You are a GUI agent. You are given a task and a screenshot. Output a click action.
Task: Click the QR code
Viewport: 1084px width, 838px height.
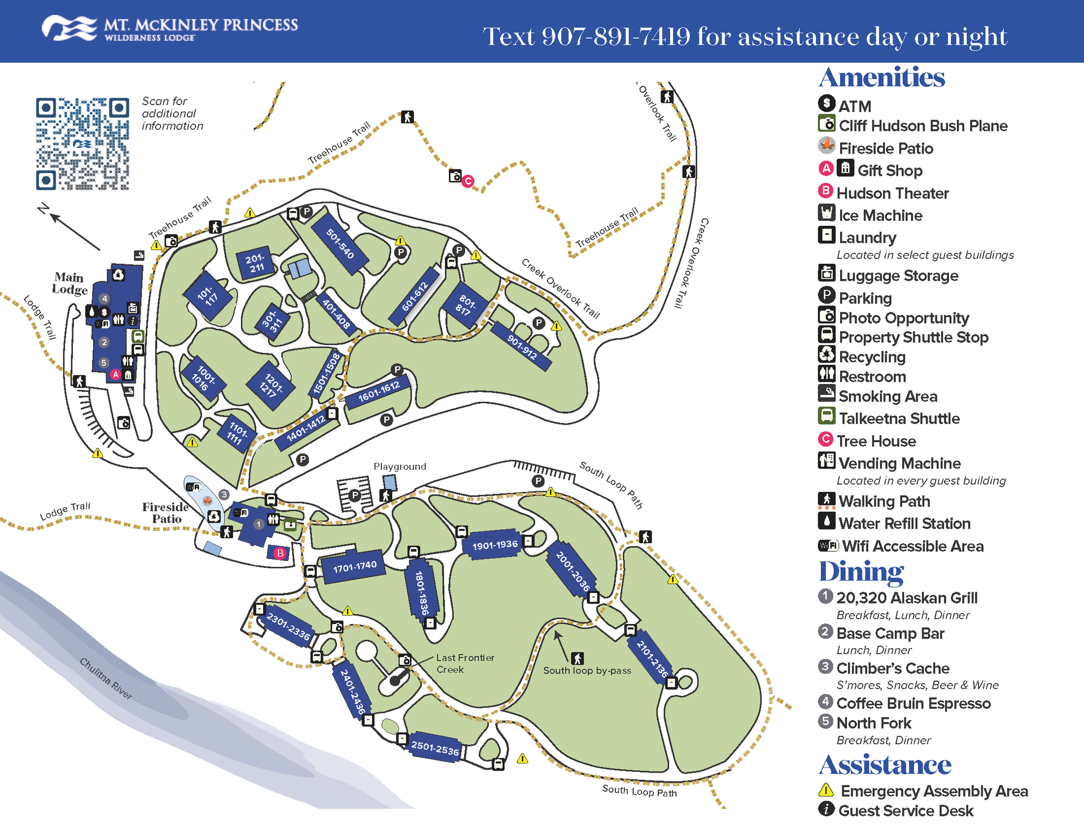coord(82,144)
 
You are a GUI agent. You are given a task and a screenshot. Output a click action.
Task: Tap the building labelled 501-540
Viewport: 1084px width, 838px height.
coord(340,243)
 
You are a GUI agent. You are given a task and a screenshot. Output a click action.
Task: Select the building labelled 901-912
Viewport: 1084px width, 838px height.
coord(521,346)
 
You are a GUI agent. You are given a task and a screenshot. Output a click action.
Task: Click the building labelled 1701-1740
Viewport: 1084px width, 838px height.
coord(354,566)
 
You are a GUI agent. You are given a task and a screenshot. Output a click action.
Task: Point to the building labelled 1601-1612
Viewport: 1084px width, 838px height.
coord(379,391)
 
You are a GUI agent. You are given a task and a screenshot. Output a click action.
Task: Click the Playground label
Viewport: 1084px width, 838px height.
coord(400,466)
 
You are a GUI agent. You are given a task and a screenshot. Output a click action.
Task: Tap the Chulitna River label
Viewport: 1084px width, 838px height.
coord(106,679)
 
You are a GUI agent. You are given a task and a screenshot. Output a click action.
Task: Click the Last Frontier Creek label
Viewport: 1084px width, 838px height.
coord(465,664)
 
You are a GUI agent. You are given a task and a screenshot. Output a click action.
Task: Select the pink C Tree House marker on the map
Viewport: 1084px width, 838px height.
coord(468,181)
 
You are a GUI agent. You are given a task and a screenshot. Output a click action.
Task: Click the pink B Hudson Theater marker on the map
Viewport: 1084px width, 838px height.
coord(280,553)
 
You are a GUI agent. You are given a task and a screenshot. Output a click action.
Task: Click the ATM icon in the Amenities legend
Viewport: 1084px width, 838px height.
coord(827,103)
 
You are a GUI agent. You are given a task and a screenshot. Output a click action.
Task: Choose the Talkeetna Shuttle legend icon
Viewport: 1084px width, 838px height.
coord(827,416)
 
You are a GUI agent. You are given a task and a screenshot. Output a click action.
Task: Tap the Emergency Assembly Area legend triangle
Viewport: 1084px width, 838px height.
coord(826,790)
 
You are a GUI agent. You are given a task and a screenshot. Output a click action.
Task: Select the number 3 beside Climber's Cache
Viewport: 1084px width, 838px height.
coord(825,667)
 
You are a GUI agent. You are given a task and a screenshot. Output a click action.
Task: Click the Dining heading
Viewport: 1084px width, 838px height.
coord(862,571)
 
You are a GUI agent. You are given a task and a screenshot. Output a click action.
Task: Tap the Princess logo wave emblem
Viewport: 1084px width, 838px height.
coord(69,28)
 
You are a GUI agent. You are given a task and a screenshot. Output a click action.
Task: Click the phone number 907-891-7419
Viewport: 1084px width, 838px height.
coord(616,37)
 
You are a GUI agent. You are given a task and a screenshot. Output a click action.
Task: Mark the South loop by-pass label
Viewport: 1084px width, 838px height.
coord(587,671)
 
